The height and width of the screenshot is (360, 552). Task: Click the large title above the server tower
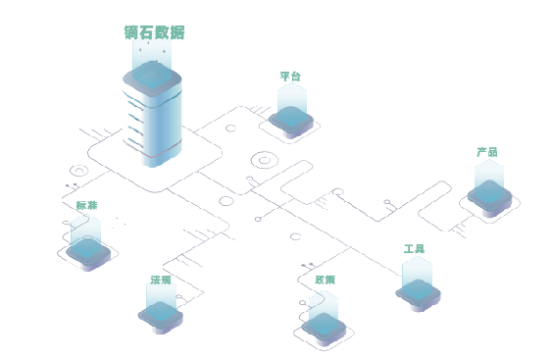click(x=155, y=31)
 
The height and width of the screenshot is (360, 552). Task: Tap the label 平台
click(x=290, y=77)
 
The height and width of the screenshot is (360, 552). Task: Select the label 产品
click(x=487, y=152)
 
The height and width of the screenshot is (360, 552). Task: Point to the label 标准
click(x=86, y=206)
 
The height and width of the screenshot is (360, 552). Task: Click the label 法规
click(x=161, y=281)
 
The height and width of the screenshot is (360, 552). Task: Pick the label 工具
click(x=414, y=249)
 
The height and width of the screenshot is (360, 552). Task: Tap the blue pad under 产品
click(x=489, y=193)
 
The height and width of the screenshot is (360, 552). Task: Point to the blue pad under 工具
click(x=421, y=291)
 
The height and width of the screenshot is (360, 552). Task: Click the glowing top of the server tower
click(x=155, y=77)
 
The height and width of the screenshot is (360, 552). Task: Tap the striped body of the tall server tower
click(x=155, y=123)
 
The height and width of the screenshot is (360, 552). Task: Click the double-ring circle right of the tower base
click(x=263, y=159)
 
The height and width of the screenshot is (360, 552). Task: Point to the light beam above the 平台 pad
click(x=291, y=96)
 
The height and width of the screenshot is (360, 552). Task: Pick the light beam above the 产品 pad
click(x=488, y=174)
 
